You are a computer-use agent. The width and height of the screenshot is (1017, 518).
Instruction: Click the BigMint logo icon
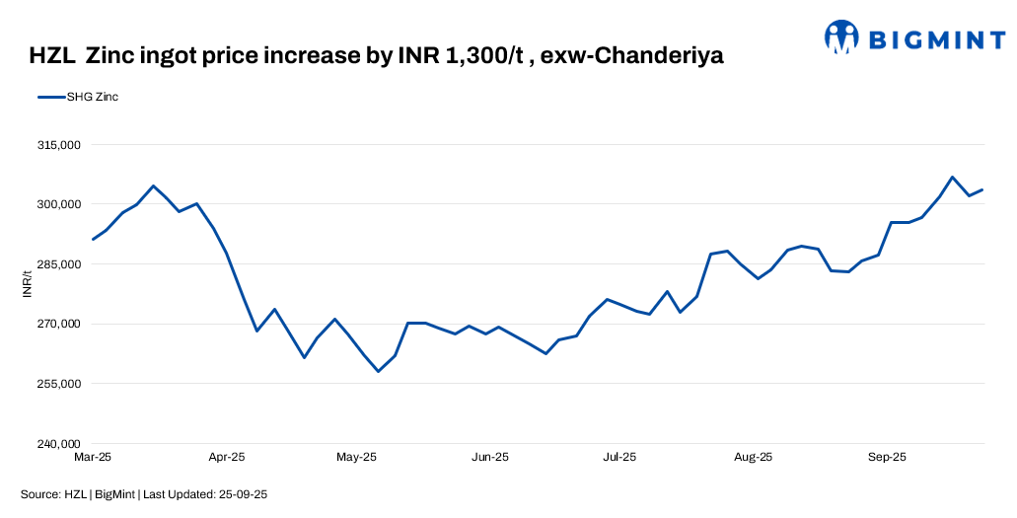click(841, 37)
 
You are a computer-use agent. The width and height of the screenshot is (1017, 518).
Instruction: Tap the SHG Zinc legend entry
click(78, 97)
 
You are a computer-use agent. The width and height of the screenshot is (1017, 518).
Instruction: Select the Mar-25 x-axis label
click(93, 458)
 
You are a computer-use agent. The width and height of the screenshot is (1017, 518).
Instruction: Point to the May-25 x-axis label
click(357, 458)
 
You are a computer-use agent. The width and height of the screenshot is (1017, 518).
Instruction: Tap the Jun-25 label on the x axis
click(489, 458)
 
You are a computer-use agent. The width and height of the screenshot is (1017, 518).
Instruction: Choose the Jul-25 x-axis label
click(619, 458)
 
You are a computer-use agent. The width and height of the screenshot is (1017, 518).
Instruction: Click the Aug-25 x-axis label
click(753, 458)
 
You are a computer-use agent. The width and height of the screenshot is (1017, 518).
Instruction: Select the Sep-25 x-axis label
click(887, 458)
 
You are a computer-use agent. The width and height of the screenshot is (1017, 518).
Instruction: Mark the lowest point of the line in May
click(378, 371)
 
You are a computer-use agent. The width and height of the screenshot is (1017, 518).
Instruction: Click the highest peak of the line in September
click(952, 178)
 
